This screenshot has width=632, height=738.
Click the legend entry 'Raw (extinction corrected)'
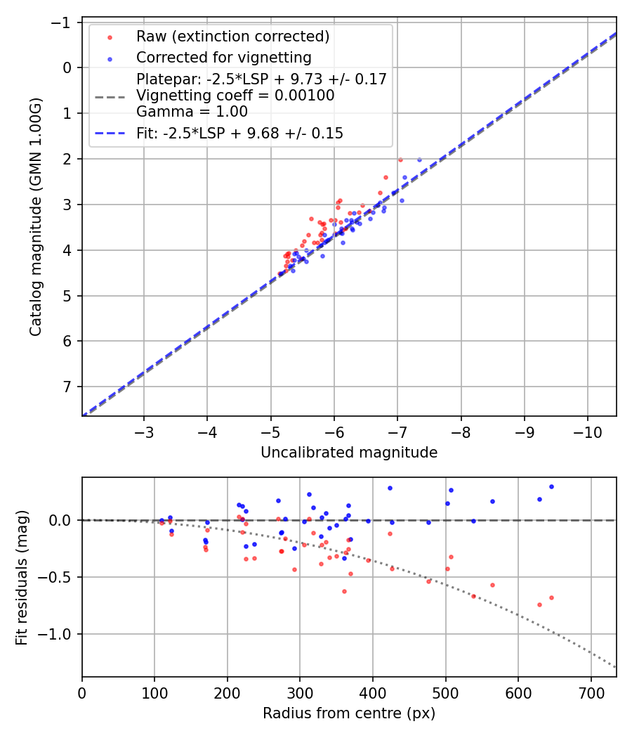(232, 37)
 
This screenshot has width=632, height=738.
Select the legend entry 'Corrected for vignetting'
(223, 57)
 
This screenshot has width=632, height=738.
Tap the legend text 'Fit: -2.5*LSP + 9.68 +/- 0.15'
(239, 133)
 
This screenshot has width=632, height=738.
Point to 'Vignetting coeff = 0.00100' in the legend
(235, 96)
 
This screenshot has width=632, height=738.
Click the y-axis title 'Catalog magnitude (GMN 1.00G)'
(36, 216)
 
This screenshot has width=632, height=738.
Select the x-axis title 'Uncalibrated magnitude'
(349, 453)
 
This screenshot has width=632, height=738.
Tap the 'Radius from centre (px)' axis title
(349, 713)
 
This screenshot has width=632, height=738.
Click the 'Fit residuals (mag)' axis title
(21, 577)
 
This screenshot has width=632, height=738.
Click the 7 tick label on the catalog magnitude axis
(69, 387)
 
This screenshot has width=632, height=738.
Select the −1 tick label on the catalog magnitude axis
(65, 22)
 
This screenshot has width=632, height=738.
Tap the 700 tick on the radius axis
(591, 692)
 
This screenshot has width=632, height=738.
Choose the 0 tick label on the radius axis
(82, 692)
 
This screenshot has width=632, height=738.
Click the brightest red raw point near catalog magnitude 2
(400, 160)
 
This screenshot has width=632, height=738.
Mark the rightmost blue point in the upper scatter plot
(419, 160)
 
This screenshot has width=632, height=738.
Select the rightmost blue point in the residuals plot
(551, 486)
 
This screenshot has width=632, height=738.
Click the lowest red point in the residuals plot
(539, 604)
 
